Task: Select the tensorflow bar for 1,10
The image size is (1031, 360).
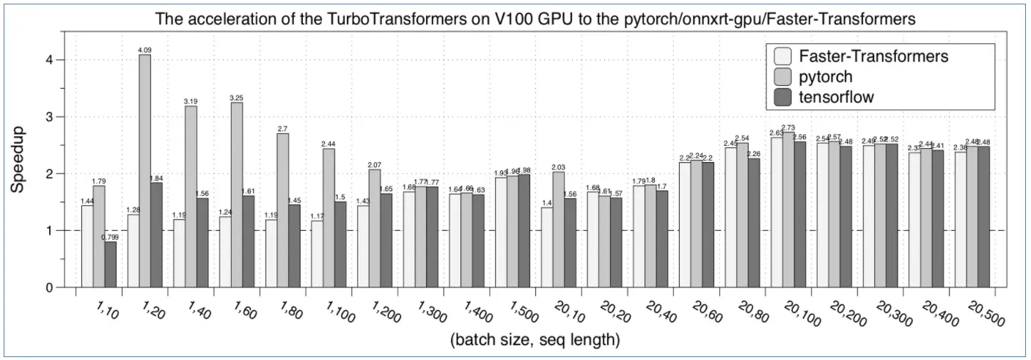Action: click(x=110, y=265)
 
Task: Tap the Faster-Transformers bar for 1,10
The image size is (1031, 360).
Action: click(x=87, y=246)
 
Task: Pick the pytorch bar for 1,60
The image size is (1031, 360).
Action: click(x=236, y=194)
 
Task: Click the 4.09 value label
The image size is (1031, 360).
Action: click(x=144, y=50)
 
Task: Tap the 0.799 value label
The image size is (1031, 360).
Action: click(x=111, y=237)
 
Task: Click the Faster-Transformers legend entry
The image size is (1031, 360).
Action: click(x=873, y=56)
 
